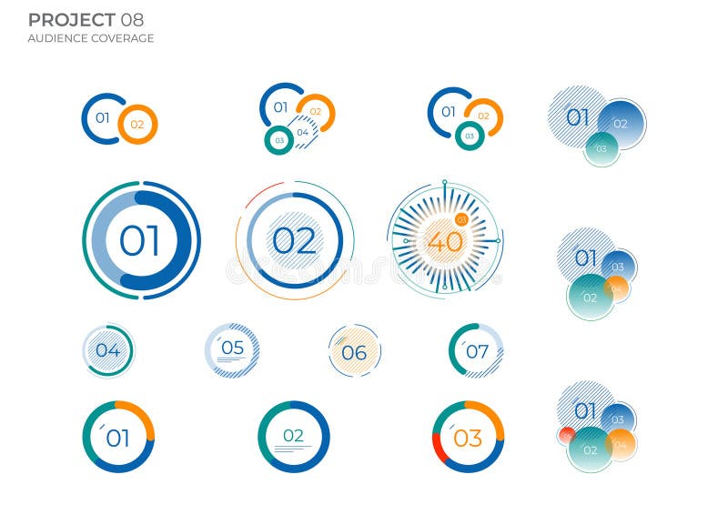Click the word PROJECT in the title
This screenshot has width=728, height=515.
point(71,20)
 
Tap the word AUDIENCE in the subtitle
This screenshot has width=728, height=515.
point(57,38)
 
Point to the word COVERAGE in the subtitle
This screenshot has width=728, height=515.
point(122,38)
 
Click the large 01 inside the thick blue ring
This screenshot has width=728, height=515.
point(139,241)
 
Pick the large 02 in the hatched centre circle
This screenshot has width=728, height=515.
point(294,241)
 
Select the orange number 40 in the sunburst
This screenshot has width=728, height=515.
point(445,242)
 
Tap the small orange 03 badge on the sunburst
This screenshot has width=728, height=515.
point(461,219)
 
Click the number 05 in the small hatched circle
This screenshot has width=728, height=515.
point(232,348)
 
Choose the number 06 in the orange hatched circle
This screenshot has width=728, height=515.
point(354,353)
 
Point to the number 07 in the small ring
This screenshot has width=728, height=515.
point(477,351)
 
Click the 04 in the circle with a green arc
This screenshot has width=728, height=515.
point(107,350)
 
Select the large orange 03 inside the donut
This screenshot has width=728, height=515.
point(467,439)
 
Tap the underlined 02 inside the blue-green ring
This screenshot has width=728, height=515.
point(293,436)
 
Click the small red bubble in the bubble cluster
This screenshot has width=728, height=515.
point(566,436)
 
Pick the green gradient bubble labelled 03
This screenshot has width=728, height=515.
point(602,148)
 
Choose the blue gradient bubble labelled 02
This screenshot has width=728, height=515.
point(622,124)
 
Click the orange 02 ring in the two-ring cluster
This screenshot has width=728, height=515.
point(137,125)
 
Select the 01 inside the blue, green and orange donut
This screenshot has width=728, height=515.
point(117,439)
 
